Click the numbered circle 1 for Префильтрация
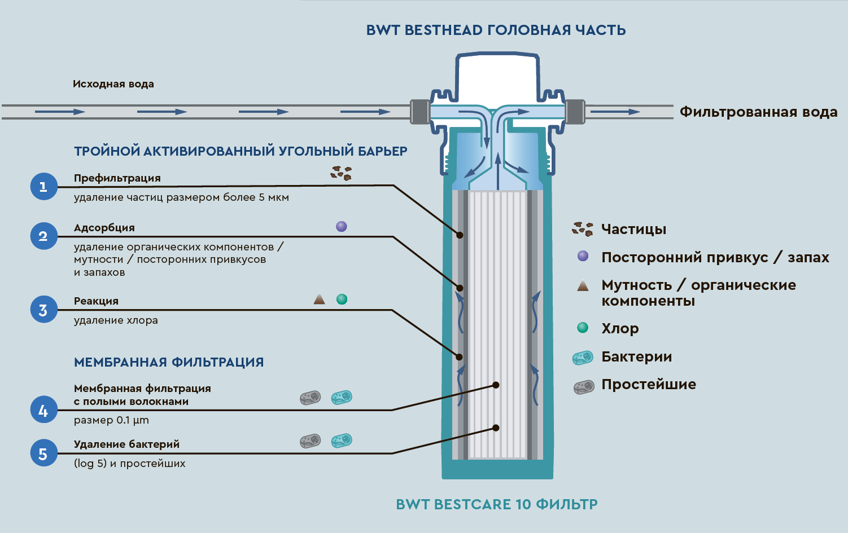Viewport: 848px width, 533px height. pos(44,186)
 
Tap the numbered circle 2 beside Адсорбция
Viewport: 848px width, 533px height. pos(44,236)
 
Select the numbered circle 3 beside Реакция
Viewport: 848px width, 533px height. pos(44,310)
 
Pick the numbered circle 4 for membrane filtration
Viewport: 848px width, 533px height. pos(44,410)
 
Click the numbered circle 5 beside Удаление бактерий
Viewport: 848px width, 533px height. pos(44,453)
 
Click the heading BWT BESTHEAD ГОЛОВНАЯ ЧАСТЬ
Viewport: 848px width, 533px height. pos(496,30)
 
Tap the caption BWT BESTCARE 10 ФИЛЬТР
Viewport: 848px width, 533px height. pos(496,504)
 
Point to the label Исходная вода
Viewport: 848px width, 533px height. pos(113,84)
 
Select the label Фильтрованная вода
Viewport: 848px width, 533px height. pos(758,112)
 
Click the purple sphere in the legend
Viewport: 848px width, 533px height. pos(583,256)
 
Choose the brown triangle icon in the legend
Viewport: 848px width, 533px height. pos(583,285)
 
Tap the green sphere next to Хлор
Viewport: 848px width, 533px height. pos(583,328)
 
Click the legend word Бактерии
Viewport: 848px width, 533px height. pos(636,356)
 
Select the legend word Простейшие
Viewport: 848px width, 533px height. pos(648,385)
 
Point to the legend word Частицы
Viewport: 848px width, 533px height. pos(633,229)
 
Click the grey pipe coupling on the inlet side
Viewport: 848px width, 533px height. pos(419,111)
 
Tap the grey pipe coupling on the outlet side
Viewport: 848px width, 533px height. pos(575,111)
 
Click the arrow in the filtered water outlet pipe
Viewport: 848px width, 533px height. pos(615,112)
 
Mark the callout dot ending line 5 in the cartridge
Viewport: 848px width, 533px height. pos(496,428)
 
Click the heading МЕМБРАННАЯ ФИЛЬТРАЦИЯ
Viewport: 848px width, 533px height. pos(169,362)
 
